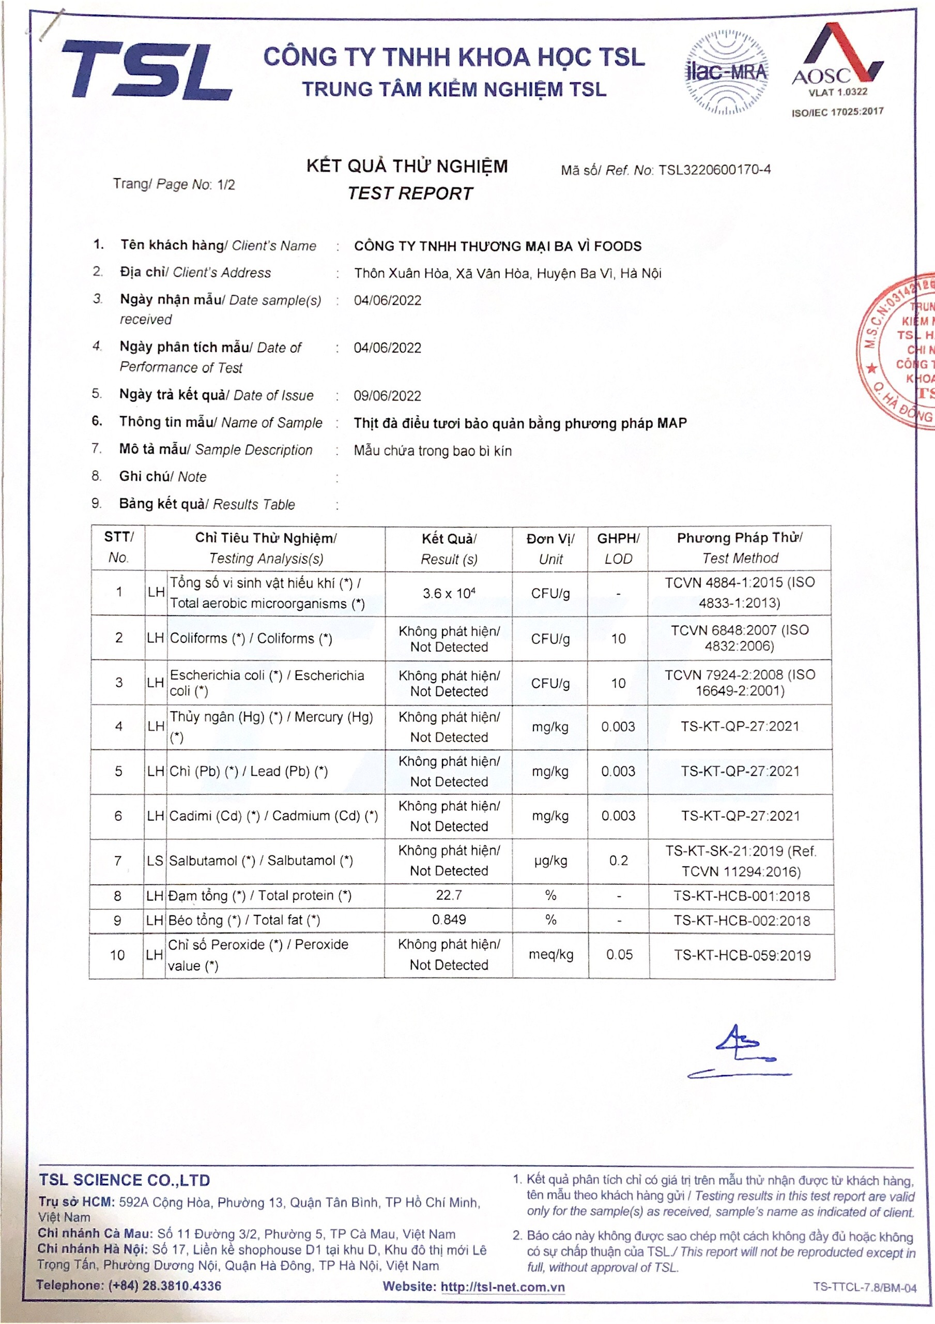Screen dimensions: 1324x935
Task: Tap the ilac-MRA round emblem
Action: (x=726, y=72)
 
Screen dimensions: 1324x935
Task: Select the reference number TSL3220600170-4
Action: (x=715, y=170)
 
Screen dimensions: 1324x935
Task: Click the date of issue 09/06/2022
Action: (x=387, y=396)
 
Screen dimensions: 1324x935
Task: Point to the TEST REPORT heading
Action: (x=410, y=194)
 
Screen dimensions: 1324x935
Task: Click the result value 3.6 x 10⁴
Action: (x=449, y=593)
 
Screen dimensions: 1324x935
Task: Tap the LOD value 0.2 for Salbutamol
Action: (x=619, y=861)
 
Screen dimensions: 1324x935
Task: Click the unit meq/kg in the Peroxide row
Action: (x=550, y=954)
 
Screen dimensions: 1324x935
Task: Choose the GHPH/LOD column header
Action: (x=618, y=548)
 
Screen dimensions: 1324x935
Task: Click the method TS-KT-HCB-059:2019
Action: (x=742, y=956)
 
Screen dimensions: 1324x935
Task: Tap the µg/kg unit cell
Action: (x=550, y=861)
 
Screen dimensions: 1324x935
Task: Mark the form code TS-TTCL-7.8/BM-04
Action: (x=865, y=1288)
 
